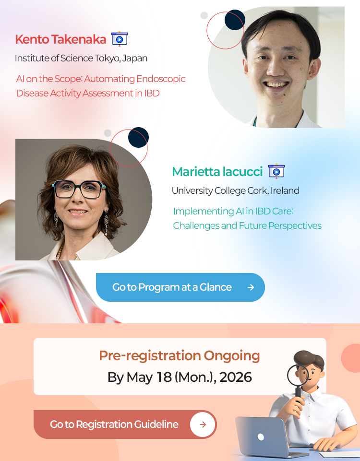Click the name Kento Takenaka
point(60,39)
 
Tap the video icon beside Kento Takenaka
point(120,38)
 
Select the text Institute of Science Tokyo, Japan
point(81,58)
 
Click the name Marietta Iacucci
point(217,172)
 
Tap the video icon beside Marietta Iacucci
point(276,171)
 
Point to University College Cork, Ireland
point(236,190)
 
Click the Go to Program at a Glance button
point(180,287)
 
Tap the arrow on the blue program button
point(251,287)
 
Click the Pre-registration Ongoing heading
point(180,355)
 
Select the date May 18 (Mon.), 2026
point(189,377)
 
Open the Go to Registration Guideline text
point(114,424)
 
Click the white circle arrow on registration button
point(203,424)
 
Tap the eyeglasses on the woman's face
point(79,189)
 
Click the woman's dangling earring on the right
point(107,223)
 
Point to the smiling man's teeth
point(276,85)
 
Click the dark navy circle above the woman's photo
point(138,137)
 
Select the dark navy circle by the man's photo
point(235,20)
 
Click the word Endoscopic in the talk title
point(161,79)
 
